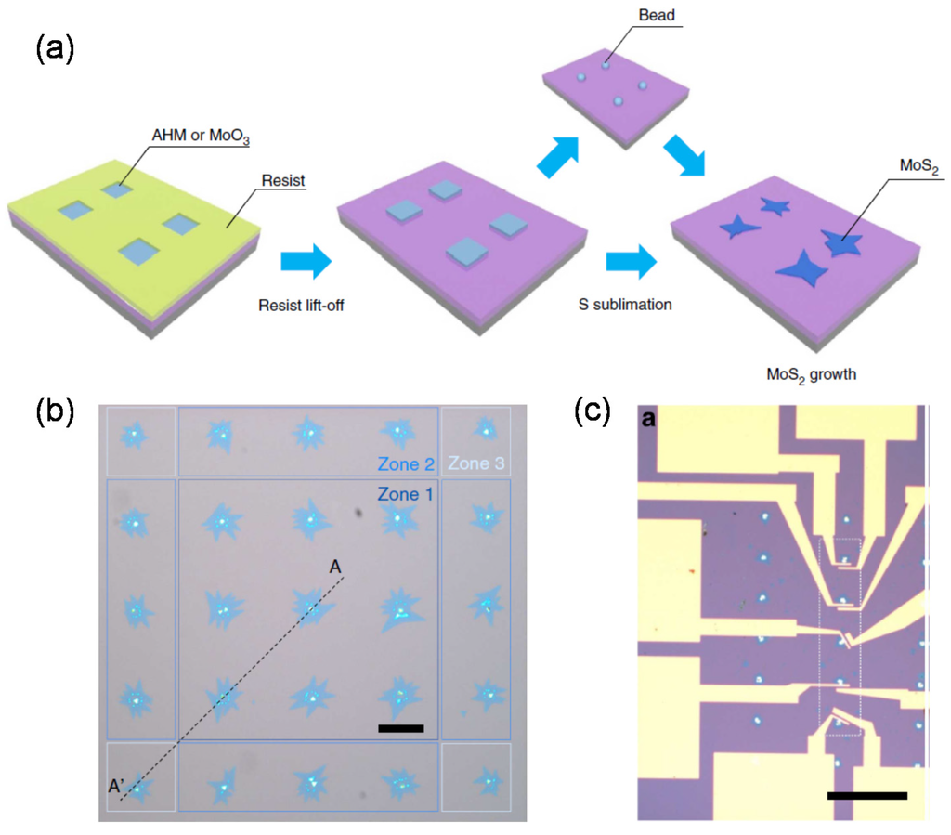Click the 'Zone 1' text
point(405,495)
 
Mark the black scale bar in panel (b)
point(401,728)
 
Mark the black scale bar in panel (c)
point(866,795)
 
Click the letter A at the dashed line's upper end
point(335,567)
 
